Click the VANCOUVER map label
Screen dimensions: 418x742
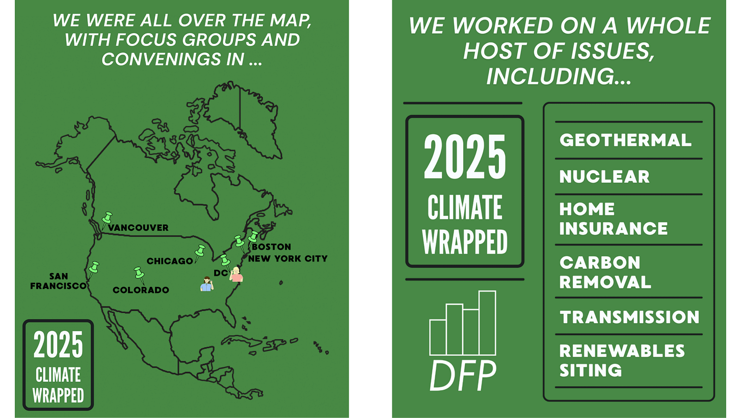[x=138, y=228]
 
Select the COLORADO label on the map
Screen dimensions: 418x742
[x=141, y=290]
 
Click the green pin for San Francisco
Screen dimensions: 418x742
[x=93, y=267]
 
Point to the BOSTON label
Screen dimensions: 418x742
[x=264, y=247]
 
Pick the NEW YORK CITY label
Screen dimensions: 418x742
[x=287, y=258]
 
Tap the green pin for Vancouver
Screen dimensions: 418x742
[x=107, y=218]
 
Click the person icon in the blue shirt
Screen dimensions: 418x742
[x=206, y=283]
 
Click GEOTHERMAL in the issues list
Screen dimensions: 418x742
[x=625, y=140]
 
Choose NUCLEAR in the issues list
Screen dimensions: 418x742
[x=604, y=177]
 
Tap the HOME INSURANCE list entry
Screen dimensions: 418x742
[x=614, y=218]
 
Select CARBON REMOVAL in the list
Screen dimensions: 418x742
[x=605, y=272]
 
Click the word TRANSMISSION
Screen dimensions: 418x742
[x=629, y=317]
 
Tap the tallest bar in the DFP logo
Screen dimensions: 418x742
[x=487, y=323]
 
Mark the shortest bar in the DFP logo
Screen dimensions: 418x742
[x=438, y=337]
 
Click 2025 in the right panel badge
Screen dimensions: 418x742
[x=465, y=158]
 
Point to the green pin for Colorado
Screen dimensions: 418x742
[x=139, y=273]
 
